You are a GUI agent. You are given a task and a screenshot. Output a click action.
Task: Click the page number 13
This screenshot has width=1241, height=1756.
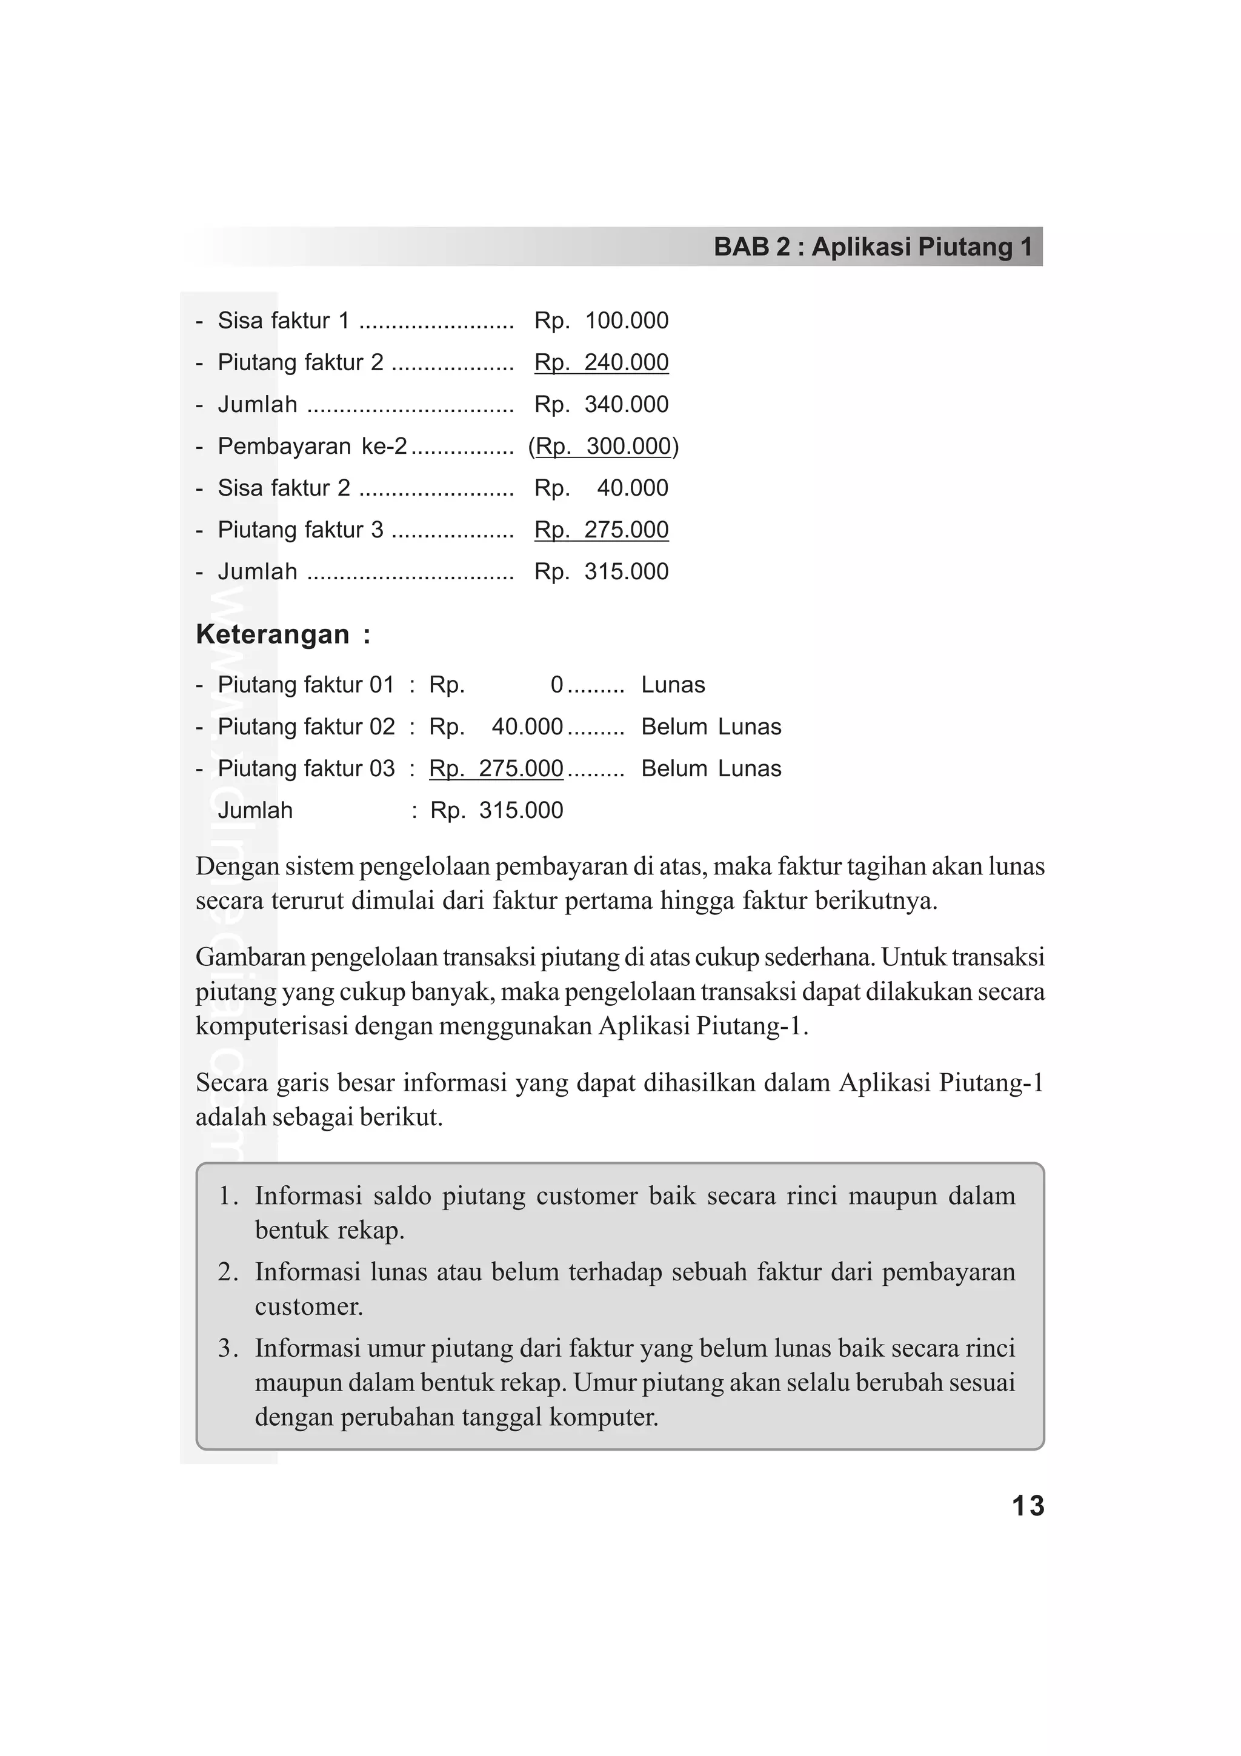coord(1027,1505)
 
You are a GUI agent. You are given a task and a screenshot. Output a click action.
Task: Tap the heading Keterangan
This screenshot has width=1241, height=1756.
coord(273,634)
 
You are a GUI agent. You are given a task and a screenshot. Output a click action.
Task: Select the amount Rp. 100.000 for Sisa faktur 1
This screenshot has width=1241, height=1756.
coord(601,321)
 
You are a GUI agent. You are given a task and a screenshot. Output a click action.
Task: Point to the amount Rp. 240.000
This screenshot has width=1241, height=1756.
coord(601,362)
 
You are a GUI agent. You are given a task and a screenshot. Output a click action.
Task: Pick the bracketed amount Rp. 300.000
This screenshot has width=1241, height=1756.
coord(604,446)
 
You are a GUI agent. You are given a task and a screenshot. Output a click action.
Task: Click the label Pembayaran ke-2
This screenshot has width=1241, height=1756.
coord(312,446)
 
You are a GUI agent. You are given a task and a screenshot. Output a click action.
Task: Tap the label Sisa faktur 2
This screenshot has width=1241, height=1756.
coord(284,488)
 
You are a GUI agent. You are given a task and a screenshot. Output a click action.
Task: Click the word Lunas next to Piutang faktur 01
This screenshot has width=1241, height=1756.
coord(673,685)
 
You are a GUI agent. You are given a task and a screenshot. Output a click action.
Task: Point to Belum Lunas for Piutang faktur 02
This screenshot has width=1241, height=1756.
coord(711,727)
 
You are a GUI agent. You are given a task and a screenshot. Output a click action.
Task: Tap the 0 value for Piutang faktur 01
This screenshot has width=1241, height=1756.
coord(557,685)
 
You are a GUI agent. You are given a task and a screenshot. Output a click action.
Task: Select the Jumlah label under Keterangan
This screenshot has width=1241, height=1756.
coord(255,810)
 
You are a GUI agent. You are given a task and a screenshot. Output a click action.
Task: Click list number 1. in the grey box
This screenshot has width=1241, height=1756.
coord(230,1196)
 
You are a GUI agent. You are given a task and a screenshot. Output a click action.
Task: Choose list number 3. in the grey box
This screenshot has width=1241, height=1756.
coord(230,1348)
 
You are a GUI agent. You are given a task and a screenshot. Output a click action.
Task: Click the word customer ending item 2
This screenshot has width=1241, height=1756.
coord(309,1306)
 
